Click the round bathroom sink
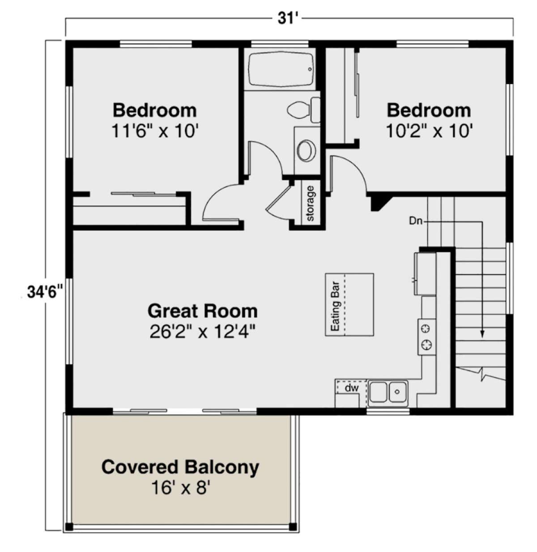pyautogui.click(x=307, y=150)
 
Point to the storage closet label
pyautogui.click(x=310, y=204)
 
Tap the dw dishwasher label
pyautogui.click(x=352, y=388)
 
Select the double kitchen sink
pyautogui.click(x=388, y=392)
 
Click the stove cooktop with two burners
pyautogui.click(x=427, y=337)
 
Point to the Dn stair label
pyautogui.click(x=416, y=221)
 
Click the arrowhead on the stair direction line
pyautogui.click(x=482, y=333)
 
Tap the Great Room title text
pyautogui.click(x=202, y=311)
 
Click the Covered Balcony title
pyautogui.click(x=180, y=467)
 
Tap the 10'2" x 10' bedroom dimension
pyautogui.click(x=429, y=131)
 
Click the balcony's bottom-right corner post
pyautogui.click(x=293, y=527)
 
